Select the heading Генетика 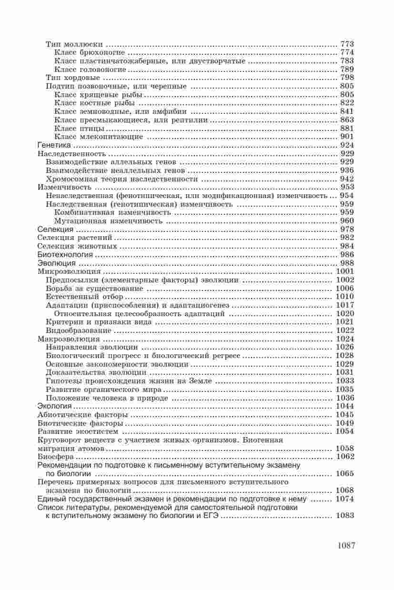(x=54, y=145)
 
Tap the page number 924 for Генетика (x=347, y=145)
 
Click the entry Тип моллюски (x=75, y=44)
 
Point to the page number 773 (x=347, y=44)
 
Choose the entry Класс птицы (x=80, y=128)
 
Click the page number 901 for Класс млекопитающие (x=347, y=137)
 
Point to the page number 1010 (x=345, y=297)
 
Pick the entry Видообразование (x=79, y=330)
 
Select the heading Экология (x=54, y=406)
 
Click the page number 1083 (x=345, y=516)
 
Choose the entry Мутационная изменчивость (x=109, y=221)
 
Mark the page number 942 (x=347, y=179)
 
